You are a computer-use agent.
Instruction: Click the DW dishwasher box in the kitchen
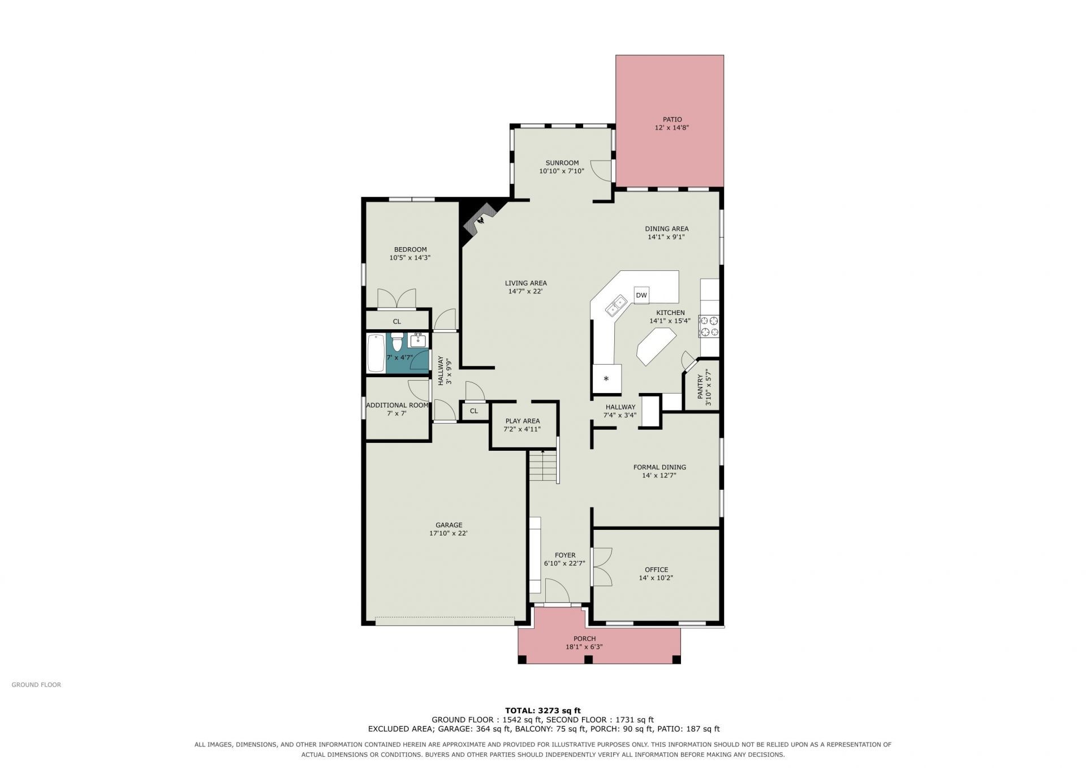point(641,295)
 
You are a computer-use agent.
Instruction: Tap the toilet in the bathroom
point(397,342)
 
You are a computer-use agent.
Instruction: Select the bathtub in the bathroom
point(376,353)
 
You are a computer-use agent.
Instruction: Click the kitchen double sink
point(616,305)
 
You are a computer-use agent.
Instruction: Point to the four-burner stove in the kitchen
point(709,326)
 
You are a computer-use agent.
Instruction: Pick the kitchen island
point(657,347)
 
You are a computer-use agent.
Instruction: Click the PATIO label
point(672,119)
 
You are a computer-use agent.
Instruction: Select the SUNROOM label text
point(562,163)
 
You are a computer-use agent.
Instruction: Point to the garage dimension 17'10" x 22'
point(448,533)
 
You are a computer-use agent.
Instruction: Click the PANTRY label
point(700,385)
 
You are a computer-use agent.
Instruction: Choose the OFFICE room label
point(656,569)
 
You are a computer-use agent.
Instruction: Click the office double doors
point(601,566)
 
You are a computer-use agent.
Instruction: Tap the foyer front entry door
point(557,591)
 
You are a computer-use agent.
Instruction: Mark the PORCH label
point(584,638)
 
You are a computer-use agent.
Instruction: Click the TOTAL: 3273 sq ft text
point(542,710)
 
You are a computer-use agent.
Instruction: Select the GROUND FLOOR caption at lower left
point(36,685)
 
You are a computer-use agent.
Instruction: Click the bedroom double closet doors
point(397,299)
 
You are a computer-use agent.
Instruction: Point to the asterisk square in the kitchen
point(606,378)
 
